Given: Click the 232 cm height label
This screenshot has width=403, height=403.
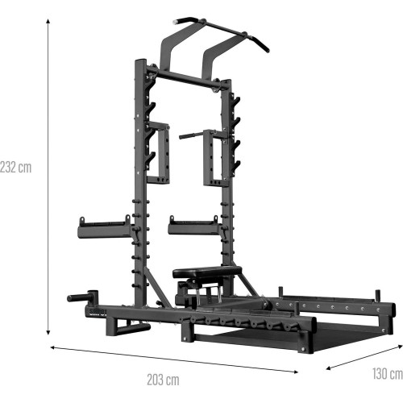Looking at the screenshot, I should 16,168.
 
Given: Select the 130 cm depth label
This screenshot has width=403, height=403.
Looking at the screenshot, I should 387,373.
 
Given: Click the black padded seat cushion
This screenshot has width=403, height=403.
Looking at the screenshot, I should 207,272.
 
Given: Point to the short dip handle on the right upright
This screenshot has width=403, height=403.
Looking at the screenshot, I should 192,135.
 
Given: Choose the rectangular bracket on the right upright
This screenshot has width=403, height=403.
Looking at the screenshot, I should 216,157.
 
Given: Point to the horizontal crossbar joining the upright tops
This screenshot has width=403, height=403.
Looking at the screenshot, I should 185,78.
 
